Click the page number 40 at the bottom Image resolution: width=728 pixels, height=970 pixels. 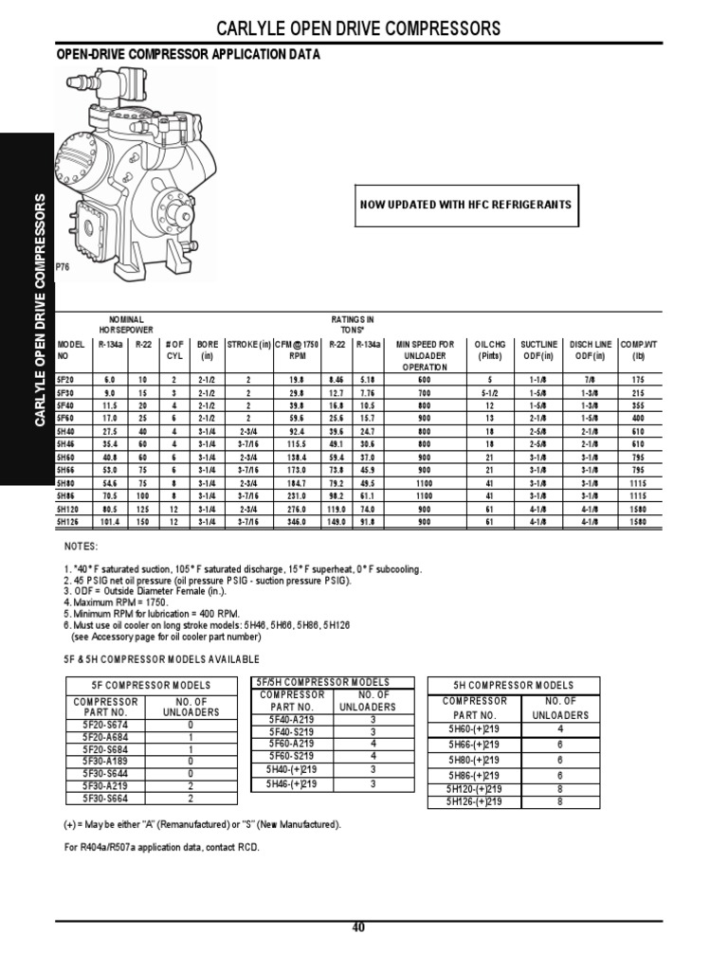click(x=358, y=927)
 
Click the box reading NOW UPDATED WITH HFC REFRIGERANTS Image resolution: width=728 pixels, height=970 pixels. click(x=464, y=206)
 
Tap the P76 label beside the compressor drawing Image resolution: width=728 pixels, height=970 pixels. click(x=64, y=268)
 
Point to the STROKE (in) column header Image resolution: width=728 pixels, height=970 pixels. click(x=249, y=344)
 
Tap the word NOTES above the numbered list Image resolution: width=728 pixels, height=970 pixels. click(x=80, y=548)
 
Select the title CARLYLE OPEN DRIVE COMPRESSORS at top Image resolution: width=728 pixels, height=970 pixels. click(x=359, y=29)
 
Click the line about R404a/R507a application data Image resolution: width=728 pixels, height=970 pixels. click(x=161, y=847)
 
